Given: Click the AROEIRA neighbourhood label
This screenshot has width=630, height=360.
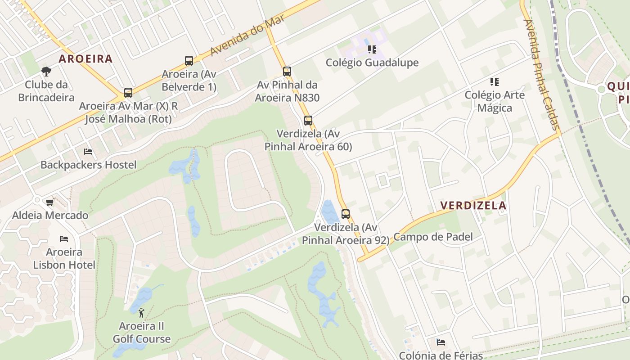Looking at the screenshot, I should coord(85,58).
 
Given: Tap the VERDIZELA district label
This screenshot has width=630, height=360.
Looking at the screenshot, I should coord(473,206).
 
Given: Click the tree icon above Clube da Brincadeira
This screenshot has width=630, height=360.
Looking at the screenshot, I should coord(46,71).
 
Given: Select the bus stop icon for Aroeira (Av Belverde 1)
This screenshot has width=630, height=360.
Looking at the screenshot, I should coord(189,61).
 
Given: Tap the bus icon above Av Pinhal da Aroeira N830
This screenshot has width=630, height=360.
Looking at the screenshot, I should coord(287,71).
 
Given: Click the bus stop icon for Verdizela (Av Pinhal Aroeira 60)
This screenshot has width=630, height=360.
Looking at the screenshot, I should coord(308,121).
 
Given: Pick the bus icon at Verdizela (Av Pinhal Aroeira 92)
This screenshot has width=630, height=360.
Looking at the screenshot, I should coord(346,214).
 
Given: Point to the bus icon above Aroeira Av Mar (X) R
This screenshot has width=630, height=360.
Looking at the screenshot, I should coord(128,93).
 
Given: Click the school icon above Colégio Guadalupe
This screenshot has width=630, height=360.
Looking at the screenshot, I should coord(372,49).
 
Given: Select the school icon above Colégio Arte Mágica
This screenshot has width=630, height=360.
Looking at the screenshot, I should coord(495,82).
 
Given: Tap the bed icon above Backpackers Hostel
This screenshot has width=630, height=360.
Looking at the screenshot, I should coord(88,152).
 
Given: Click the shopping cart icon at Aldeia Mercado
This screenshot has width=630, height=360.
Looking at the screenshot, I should coord(50,202).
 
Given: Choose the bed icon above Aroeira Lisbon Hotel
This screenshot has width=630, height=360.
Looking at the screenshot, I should coord(64,238).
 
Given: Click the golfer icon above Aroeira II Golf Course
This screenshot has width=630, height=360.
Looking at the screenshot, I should coord(142,312).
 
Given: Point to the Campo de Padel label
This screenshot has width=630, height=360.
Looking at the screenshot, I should coord(433,237).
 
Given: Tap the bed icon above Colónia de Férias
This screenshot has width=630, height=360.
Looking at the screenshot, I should coord(441,342).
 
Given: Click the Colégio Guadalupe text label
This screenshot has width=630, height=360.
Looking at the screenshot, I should coord(372,63).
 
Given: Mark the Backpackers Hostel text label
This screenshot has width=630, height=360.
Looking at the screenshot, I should coord(88,165).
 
